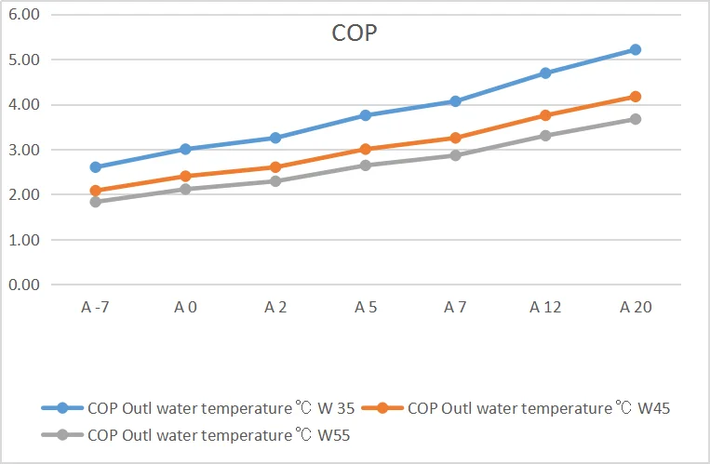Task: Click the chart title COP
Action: pos(354,33)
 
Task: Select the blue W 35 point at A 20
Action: pos(636,49)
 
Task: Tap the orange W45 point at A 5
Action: pos(366,149)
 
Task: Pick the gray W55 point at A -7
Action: pos(96,201)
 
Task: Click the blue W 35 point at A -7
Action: pos(96,167)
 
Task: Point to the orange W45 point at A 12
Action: pos(545,115)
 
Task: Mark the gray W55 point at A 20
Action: pos(636,119)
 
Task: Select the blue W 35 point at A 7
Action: pos(456,101)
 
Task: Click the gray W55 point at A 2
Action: pos(275,181)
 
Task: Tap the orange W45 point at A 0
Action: pos(186,176)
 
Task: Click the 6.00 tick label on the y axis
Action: pos(25,15)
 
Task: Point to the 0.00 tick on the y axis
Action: pos(25,285)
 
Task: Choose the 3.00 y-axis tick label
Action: pos(25,150)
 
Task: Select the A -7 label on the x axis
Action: pos(96,306)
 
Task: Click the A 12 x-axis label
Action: pos(545,306)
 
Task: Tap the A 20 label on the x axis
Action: pos(636,306)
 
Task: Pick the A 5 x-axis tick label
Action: pos(366,306)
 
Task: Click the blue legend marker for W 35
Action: pos(62,407)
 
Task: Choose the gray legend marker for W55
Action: pos(62,434)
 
